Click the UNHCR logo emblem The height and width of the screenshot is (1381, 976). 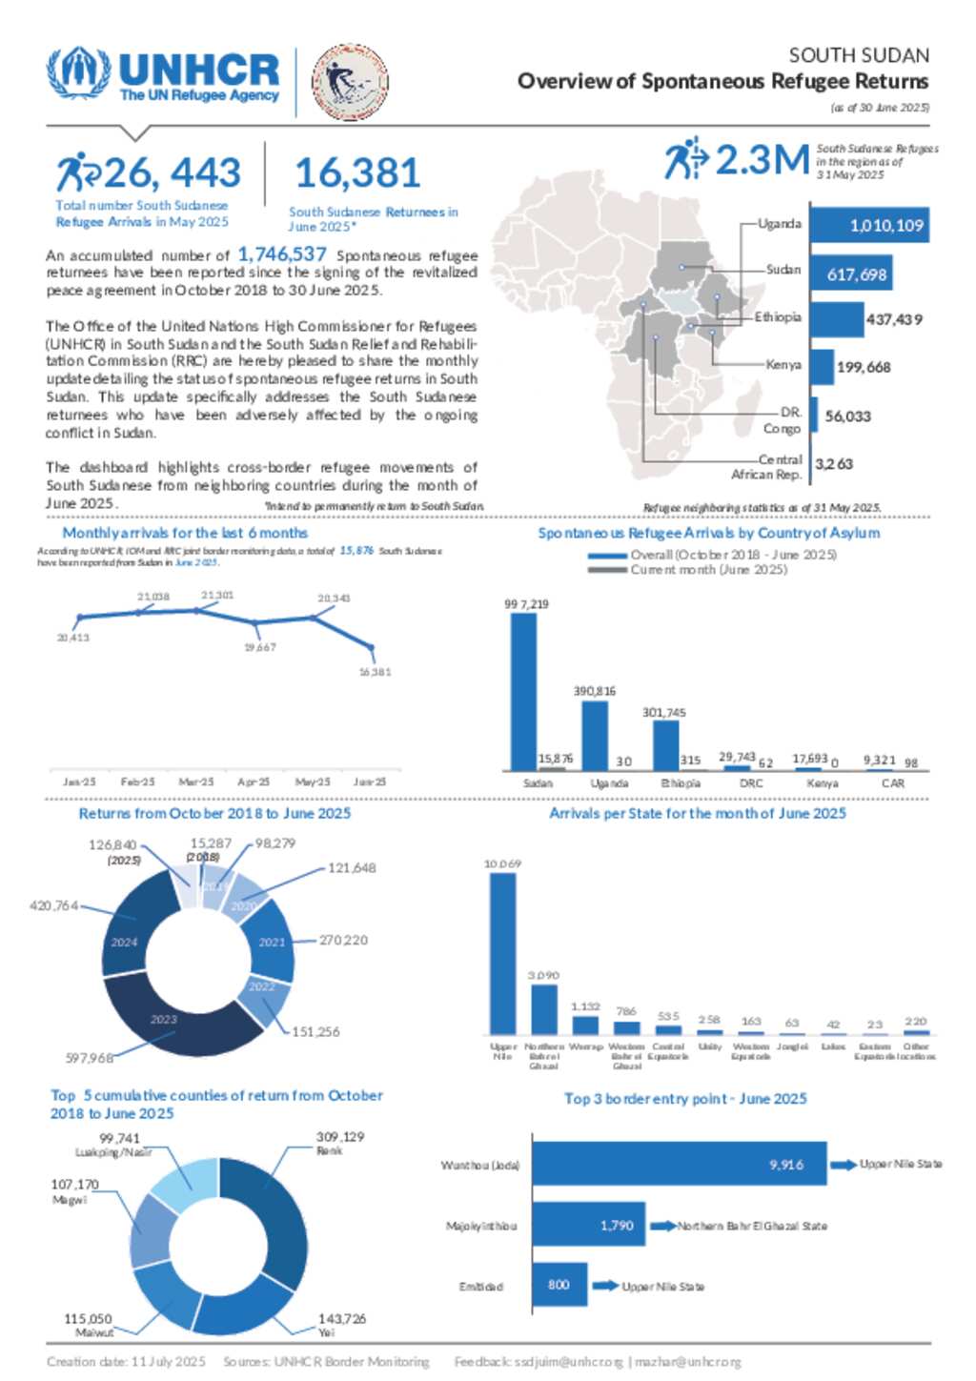(79, 72)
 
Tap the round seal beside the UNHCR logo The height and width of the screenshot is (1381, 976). (350, 83)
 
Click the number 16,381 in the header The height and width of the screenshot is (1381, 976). (357, 173)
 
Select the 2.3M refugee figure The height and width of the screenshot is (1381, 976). (762, 160)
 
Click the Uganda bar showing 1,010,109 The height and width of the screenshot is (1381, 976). (868, 226)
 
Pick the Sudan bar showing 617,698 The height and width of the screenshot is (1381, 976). (850, 274)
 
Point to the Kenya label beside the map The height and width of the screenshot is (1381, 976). (783, 364)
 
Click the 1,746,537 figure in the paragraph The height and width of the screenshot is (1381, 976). (282, 254)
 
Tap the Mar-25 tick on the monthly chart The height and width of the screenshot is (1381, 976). (196, 782)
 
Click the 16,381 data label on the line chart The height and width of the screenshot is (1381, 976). (375, 672)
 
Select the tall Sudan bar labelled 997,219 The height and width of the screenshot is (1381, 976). (523, 691)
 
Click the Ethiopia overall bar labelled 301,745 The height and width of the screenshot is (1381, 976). (665, 745)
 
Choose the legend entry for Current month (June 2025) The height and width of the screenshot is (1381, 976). (707, 570)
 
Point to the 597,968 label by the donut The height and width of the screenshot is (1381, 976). (89, 1058)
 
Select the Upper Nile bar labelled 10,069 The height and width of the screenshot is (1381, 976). (502, 953)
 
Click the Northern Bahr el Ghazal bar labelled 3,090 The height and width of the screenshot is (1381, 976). (543, 1008)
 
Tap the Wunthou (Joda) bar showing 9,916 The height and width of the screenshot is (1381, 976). (679, 1164)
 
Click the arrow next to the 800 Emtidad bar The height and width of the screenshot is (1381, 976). (605, 1286)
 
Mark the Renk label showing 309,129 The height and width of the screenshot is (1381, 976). (339, 1143)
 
